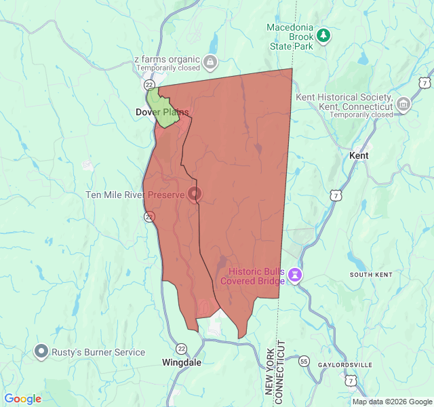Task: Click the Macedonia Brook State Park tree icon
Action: point(324,34)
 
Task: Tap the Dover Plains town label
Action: point(162,112)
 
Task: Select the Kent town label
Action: point(359,155)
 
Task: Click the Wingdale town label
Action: point(181,362)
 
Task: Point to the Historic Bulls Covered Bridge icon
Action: point(295,275)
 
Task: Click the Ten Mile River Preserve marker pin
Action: point(195,194)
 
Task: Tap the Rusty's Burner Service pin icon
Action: point(41,352)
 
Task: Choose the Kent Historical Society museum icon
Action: point(403,104)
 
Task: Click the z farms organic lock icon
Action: point(210,62)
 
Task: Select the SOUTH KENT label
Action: point(370,275)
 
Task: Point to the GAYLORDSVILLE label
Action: point(346,365)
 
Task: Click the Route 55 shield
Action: point(304,362)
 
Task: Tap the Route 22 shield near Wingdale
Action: point(181,348)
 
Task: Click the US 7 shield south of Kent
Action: point(335,195)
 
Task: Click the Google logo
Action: point(22,399)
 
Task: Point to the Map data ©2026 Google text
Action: point(391,402)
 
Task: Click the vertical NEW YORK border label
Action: point(269,369)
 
